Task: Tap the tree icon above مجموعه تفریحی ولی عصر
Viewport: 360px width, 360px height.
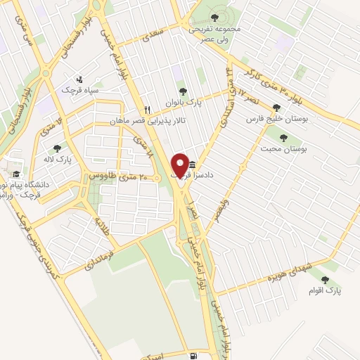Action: pos(215,15)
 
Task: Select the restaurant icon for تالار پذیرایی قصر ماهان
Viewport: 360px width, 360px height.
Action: pos(148,110)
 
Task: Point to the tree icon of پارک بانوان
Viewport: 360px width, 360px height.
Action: pos(183,91)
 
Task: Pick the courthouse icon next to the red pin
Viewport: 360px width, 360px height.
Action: pos(192,165)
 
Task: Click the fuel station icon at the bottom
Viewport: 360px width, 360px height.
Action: pos(193,356)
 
